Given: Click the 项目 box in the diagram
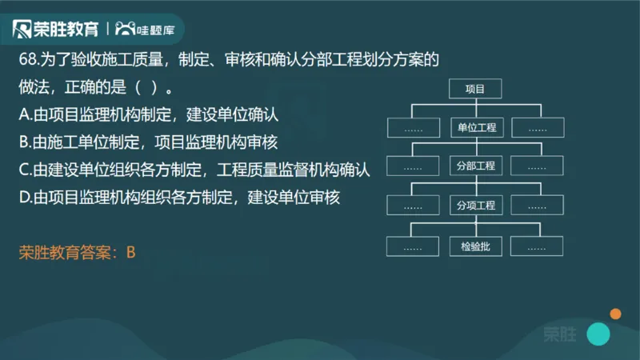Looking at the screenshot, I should pyautogui.click(x=475, y=89).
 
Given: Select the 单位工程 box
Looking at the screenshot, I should pyautogui.click(x=475, y=128).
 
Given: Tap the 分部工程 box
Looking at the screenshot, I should pyautogui.click(x=475, y=166).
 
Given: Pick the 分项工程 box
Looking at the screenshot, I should pyautogui.click(x=475, y=206).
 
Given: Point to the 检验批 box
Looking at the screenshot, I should pyautogui.click(x=475, y=246).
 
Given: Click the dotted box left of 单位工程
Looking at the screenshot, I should pyautogui.click(x=413, y=128).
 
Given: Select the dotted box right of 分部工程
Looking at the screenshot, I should pyautogui.click(x=538, y=166).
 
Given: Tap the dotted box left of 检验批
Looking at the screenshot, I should pyautogui.click(x=413, y=246).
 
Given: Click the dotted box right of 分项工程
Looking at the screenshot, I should pyautogui.click(x=538, y=206).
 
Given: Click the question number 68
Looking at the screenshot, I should pyautogui.click(x=28, y=59).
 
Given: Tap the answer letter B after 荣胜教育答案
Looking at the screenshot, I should pyautogui.click(x=131, y=253).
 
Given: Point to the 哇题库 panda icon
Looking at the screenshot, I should pyautogui.click(x=125, y=30).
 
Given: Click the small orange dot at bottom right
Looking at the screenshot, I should pyautogui.click(x=615, y=314).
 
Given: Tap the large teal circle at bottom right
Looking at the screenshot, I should pyautogui.click(x=598, y=334).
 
